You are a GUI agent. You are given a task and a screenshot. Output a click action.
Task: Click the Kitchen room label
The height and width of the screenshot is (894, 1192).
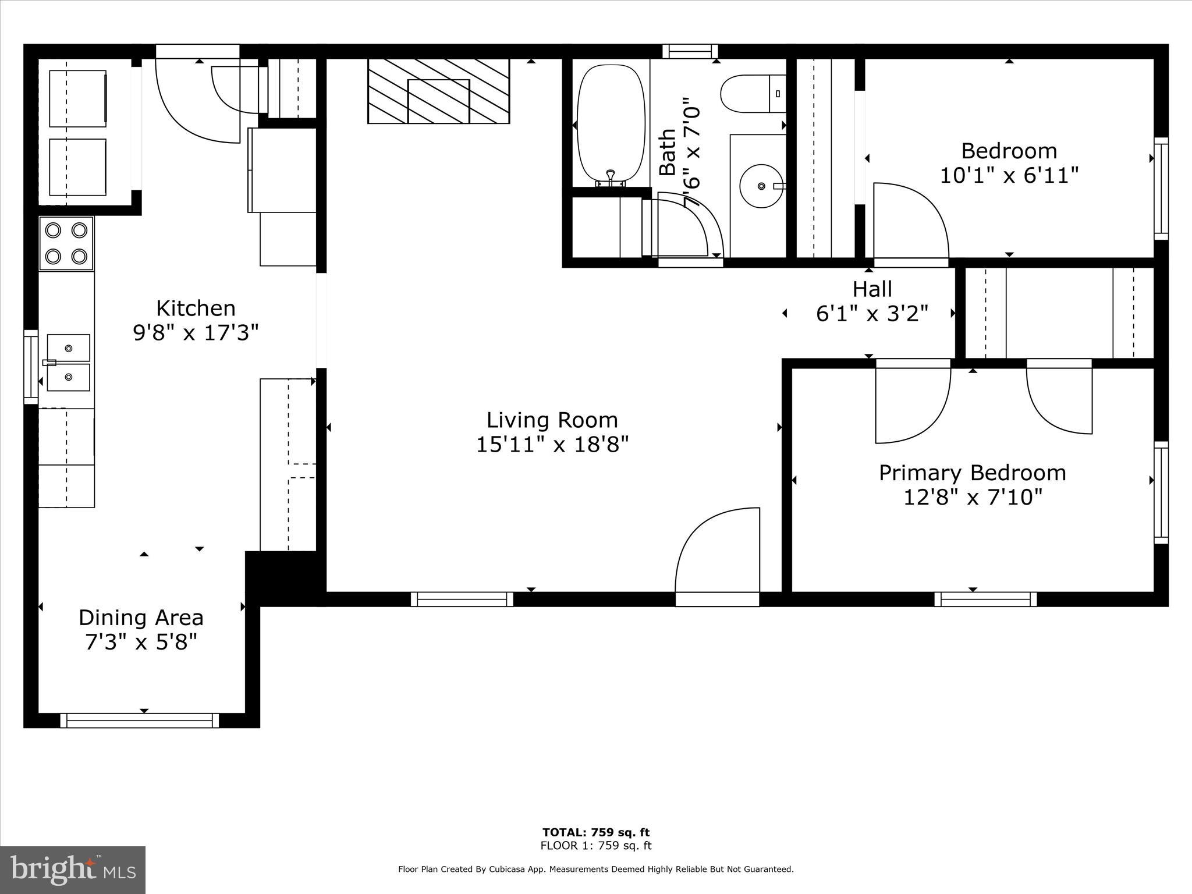196,308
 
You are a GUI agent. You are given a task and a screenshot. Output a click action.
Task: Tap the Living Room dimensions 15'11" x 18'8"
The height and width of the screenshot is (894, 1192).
552,445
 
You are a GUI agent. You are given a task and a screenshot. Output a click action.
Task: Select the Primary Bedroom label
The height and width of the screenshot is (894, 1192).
972,473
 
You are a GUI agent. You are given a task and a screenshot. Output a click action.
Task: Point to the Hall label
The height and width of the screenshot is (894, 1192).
872,289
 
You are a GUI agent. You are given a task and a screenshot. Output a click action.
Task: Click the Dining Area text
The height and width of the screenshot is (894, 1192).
141,617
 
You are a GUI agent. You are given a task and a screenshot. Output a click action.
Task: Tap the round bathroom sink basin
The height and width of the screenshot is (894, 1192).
761,186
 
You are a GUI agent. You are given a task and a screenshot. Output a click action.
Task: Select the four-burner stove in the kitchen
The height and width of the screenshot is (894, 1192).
66,243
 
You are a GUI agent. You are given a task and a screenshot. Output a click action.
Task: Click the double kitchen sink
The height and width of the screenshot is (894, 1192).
68,363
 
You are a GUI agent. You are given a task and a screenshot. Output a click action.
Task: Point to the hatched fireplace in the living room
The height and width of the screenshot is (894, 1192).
438,91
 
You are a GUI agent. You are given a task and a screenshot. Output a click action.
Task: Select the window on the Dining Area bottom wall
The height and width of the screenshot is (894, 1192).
140,720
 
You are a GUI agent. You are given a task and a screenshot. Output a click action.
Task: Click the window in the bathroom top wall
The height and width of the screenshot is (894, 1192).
690,51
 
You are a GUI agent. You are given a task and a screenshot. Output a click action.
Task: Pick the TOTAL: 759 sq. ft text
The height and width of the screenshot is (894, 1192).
595,833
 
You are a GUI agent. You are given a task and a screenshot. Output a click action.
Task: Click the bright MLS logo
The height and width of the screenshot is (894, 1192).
73,870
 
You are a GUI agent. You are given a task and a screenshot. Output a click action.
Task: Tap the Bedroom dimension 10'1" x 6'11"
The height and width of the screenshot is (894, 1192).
1009,175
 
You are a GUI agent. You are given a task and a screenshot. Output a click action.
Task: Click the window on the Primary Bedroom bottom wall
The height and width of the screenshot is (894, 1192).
985,599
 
